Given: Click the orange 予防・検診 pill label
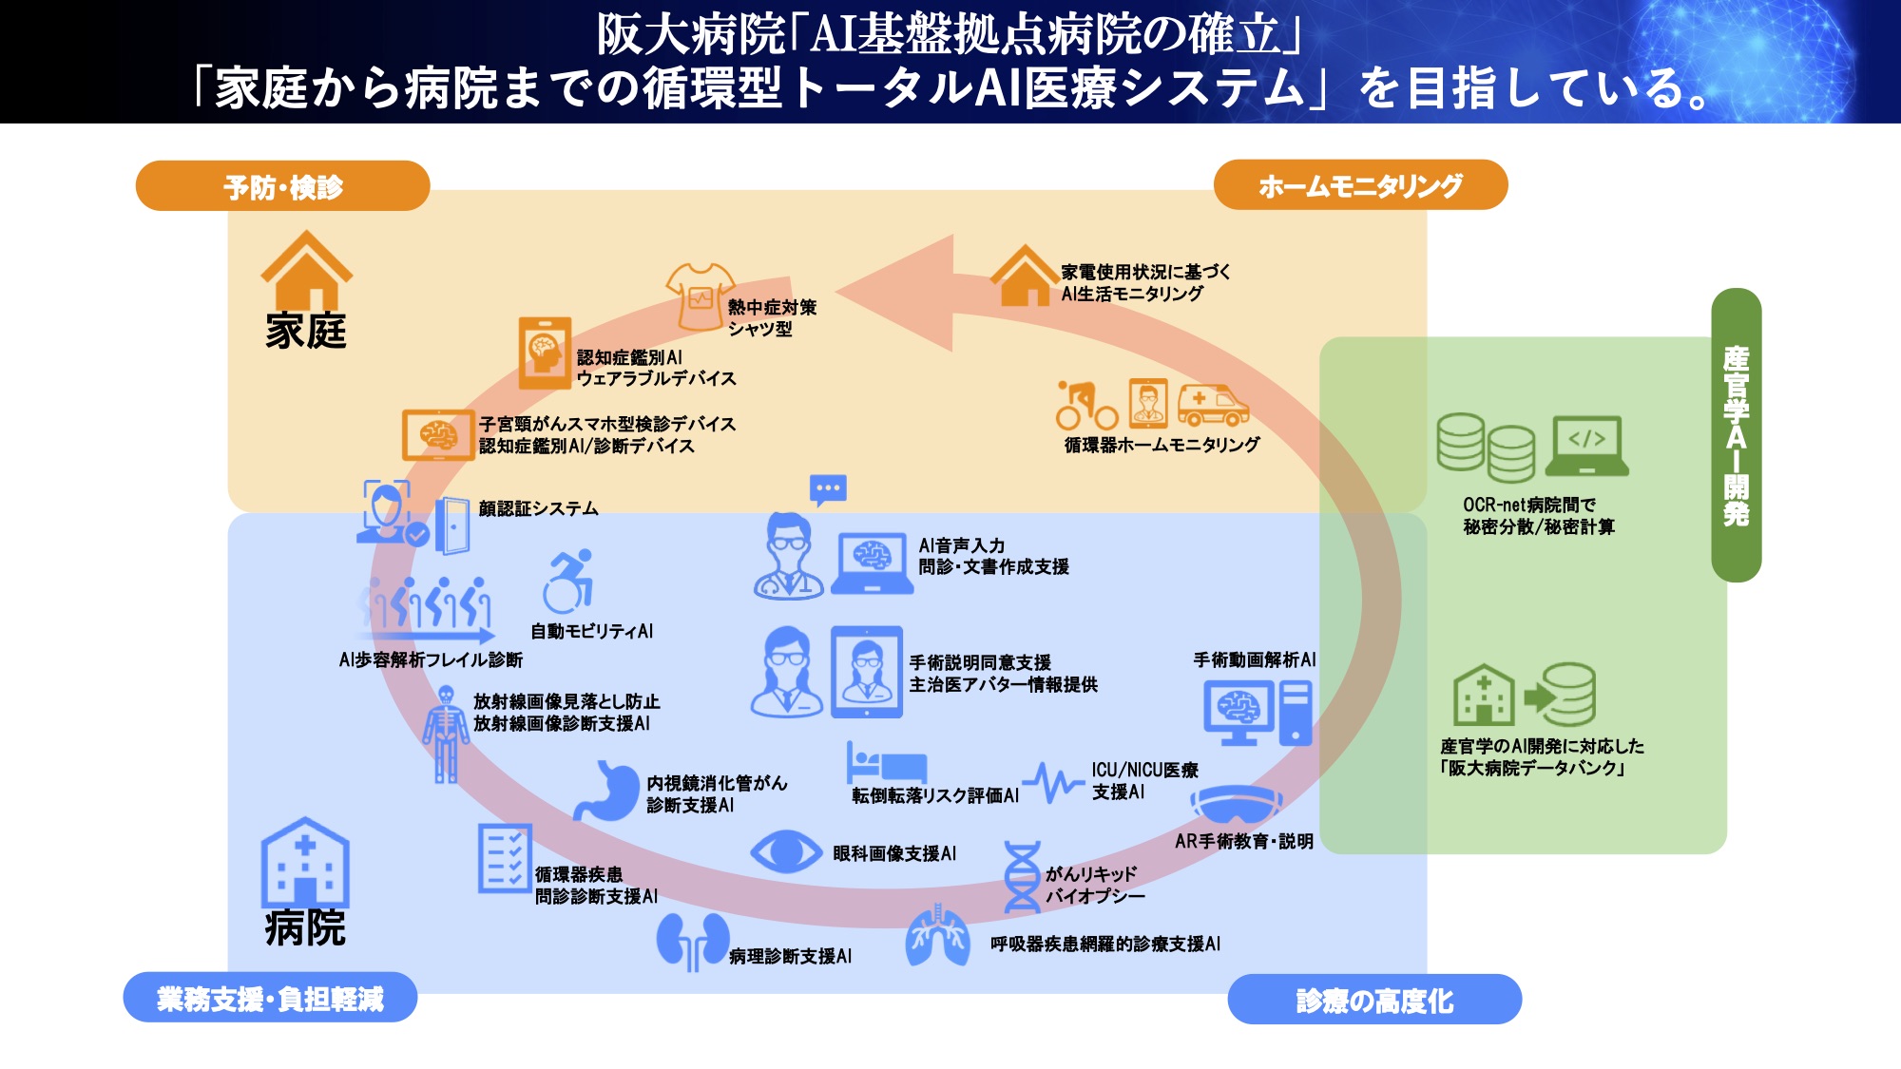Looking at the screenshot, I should (x=282, y=186).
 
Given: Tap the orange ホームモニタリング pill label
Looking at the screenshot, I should (x=1360, y=185).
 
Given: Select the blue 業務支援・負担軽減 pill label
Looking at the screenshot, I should (x=270, y=998).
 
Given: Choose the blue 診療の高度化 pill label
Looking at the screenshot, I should (x=1374, y=1000).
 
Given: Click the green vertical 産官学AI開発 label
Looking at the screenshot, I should (x=1736, y=435).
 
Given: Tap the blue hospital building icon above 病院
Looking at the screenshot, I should (x=305, y=863).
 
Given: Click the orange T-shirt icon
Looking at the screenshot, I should (x=700, y=296).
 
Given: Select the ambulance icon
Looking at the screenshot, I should (x=1213, y=406).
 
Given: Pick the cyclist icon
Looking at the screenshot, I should (x=1086, y=406).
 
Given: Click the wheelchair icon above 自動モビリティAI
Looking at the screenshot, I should (x=568, y=582).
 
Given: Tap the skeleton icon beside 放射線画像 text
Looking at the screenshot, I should (x=445, y=735).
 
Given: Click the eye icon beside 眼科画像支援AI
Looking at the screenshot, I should (x=785, y=851).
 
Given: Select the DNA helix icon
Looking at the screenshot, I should (x=1022, y=878).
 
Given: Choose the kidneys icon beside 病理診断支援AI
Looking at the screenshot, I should (x=692, y=942).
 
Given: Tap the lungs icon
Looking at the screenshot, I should (x=937, y=937).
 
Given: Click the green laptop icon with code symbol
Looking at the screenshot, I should (x=1586, y=446).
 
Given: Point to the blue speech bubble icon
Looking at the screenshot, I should (x=828, y=490).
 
